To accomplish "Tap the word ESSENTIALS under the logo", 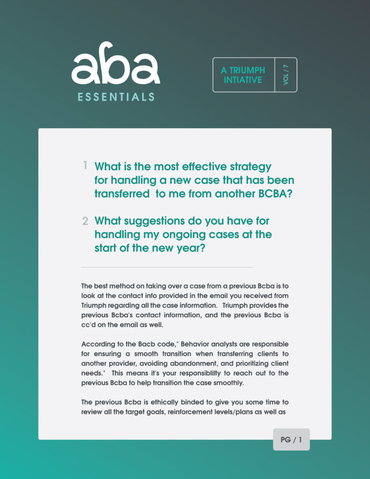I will pos(116,97).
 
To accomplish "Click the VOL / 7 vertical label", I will pos(286,75).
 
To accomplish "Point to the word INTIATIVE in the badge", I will pos(243,80).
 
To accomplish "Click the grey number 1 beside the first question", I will pos(86,165).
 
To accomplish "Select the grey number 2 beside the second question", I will pos(85,221).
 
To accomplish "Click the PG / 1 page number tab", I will pos(291,440).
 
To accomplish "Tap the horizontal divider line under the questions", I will pos(167,267).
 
